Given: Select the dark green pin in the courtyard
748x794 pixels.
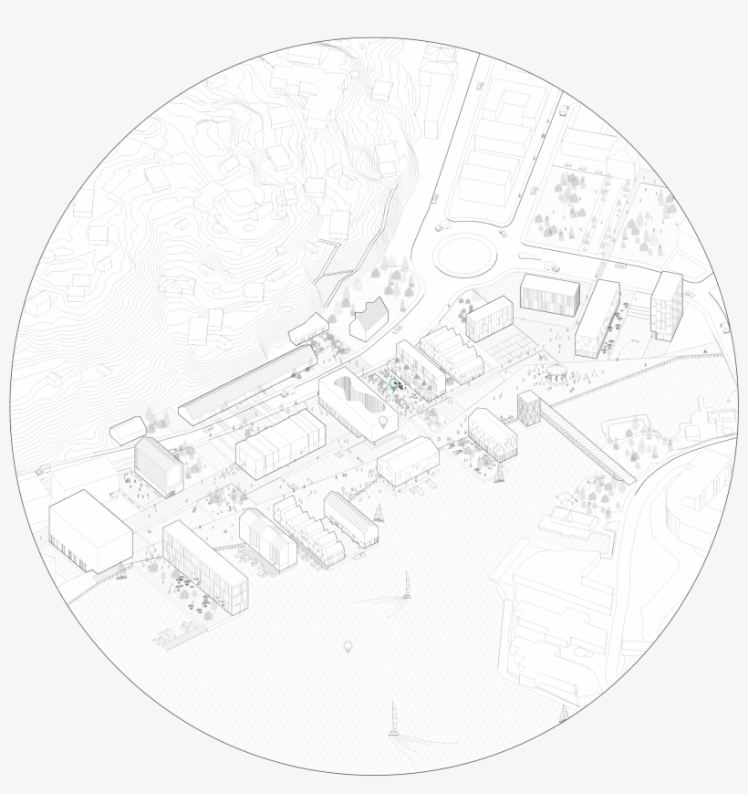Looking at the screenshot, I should click(x=395, y=387).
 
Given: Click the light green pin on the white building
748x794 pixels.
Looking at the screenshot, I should click(x=384, y=422).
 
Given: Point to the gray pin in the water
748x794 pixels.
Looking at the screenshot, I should click(x=348, y=647).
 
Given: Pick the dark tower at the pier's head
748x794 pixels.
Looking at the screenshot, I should click(x=528, y=409).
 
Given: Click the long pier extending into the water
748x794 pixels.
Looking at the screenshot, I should click(x=588, y=443).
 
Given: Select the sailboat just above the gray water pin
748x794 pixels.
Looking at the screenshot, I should click(x=406, y=585).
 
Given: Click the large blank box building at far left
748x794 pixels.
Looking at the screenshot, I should click(x=89, y=530).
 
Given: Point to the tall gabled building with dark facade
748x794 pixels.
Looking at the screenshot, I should click(x=158, y=465).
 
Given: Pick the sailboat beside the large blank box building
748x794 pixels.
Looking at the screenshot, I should click(x=121, y=572).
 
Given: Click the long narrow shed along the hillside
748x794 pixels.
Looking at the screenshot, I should click(x=246, y=383).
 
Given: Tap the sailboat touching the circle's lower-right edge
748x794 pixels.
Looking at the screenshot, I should click(x=564, y=714).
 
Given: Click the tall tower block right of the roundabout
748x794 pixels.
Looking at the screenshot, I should click(x=666, y=305).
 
